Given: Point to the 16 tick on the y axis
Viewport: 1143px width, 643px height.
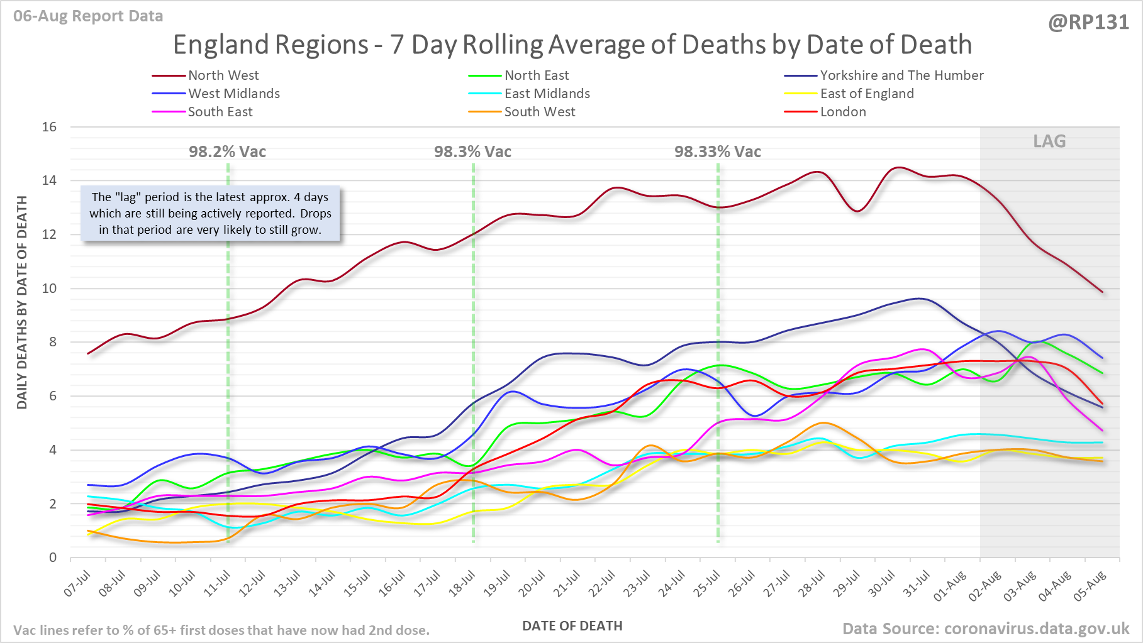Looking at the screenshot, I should click(x=49, y=127).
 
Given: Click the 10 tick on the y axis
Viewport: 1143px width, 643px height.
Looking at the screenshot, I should click(x=49, y=289).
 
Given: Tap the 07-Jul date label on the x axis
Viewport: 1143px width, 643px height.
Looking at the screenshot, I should click(x=78, y=584).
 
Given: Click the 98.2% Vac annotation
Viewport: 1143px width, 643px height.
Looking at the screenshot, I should click(x=227, y=151).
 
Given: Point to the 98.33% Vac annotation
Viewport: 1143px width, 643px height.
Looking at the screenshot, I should click(x=717, y=151).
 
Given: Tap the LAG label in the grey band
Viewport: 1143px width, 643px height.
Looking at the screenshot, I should click(x=1049, y=141).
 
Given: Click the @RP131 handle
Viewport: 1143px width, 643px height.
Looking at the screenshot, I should click(x=1088, y=23).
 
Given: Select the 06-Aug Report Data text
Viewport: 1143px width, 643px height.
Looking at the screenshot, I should click(x=88, y=16).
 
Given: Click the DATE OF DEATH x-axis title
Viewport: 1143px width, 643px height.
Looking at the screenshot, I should click(x=572, y=626).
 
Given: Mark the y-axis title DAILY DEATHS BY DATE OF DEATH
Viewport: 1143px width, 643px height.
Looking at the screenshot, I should click(x=22, y=302).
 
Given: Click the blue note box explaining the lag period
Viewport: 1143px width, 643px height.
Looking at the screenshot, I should click(x=210, y=214).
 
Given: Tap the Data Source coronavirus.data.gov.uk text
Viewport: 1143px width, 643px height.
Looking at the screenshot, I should click(x=986, y=629).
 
